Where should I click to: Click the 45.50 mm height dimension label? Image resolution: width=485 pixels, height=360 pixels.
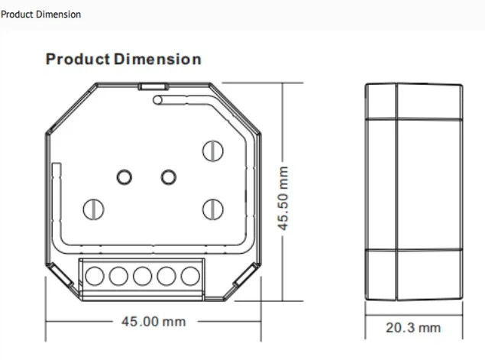284,199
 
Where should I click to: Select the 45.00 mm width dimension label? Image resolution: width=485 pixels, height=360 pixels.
154,322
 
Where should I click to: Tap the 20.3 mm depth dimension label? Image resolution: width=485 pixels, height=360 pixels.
413,328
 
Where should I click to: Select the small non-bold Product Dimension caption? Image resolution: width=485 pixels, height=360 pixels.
40,15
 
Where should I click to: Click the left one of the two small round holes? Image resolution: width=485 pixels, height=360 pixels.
124,177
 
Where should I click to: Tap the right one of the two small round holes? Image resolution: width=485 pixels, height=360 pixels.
168,177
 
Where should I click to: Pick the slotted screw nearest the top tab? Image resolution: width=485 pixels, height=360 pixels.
212,151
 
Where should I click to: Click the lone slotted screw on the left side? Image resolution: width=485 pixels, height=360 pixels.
93,207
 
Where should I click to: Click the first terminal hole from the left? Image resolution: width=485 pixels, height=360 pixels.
95,276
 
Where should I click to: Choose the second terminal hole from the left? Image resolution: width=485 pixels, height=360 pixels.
118,276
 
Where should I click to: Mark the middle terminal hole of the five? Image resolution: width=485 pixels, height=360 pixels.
142,276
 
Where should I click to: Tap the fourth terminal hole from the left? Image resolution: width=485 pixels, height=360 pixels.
166,276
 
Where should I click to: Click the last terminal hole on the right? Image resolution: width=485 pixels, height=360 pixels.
189,276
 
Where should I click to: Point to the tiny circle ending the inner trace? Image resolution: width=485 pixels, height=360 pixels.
157,99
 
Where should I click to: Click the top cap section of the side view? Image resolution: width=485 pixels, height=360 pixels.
413,101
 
